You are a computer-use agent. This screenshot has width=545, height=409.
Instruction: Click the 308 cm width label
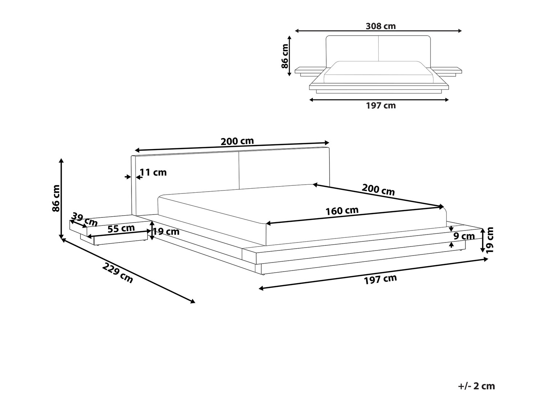pos(380,26)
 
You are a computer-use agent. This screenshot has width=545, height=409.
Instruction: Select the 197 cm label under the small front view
pos(380,106)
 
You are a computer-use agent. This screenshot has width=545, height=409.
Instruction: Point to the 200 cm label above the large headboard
pos(237,141)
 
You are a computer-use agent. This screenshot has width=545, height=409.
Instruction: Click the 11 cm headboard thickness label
pos(153,172)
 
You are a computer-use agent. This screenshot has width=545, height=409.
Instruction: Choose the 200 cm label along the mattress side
pos(378,189)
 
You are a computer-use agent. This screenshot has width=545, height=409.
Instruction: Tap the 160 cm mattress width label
pos(342,211)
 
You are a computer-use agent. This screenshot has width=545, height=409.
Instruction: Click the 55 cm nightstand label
pos(121,229)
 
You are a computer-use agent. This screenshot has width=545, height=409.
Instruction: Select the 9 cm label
pos(464,236)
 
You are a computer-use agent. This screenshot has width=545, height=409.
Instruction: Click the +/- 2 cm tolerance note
pos(477,386)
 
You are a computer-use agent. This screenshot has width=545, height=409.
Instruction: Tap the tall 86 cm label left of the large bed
pos(56,198)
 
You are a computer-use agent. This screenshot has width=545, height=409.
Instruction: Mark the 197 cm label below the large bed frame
pos(380,279)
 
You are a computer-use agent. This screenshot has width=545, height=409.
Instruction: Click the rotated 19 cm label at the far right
pos(490,240)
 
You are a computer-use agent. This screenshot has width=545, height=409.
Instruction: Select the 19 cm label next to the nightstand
pos(166,231)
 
